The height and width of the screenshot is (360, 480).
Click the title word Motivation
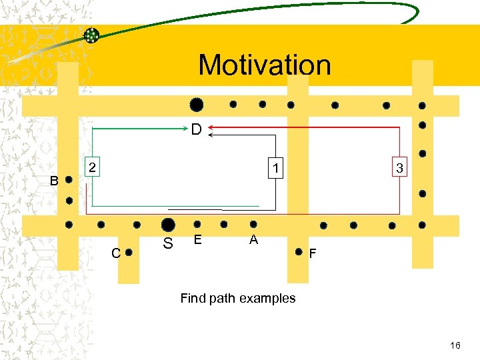click(x=264, y=65)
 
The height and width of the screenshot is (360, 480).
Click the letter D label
click(x=196, y=129)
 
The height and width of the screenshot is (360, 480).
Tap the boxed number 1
click(x=275, y=167)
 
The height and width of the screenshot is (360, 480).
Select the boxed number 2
click(x=95, y=167)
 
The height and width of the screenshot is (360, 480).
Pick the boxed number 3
click(x=399, y=169)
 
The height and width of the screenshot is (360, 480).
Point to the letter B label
click(x=55, y=181)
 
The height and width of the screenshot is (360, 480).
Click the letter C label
click(x=116, y=253)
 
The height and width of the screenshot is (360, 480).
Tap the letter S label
click(x=168, y=245)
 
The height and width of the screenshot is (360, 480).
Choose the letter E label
click(x=198, y=240)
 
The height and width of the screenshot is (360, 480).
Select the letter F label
click(x=313, y=253)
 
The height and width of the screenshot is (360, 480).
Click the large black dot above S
click(x=168, y=225)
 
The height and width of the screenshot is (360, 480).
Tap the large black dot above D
click(x=196, y=105)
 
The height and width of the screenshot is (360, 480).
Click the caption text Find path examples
click(x=237, y=298)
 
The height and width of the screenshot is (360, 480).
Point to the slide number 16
click(x=455, y=345)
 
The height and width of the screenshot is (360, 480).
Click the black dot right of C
click(x=130, y=253)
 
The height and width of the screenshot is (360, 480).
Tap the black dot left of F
click(x=299, y=253)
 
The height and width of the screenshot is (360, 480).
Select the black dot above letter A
click(x=253, y=225)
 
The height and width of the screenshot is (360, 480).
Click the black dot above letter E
click(x=197, y=225)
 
